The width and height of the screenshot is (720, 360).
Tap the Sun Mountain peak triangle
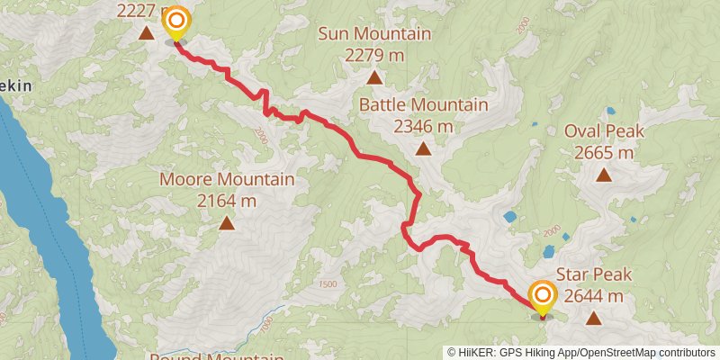(x=374, y=77)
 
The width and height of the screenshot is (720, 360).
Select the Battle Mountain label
(x=423, y=105)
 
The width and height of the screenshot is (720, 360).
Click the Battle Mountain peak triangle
(x=423, y=148)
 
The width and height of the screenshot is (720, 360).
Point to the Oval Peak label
(x=604, y=132)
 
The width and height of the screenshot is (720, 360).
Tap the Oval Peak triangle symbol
(x=604, y=175)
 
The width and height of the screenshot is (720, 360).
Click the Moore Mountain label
(x=227, y=180)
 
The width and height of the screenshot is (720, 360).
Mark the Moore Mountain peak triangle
(x=227, y=222)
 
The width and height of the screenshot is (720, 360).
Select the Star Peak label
(x=594, y=275)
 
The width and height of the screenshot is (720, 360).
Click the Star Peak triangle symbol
(x=594, y=318)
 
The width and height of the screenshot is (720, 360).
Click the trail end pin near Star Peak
(x=542, y=298)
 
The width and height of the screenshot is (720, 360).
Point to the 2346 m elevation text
(x=423, y=126)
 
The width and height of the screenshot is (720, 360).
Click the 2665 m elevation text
(x=604, y=153)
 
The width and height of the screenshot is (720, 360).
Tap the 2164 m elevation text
(x=227, y=200)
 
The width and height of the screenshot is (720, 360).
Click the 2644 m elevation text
(x=594, y=296)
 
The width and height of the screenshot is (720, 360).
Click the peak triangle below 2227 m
(x=146, y=34)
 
